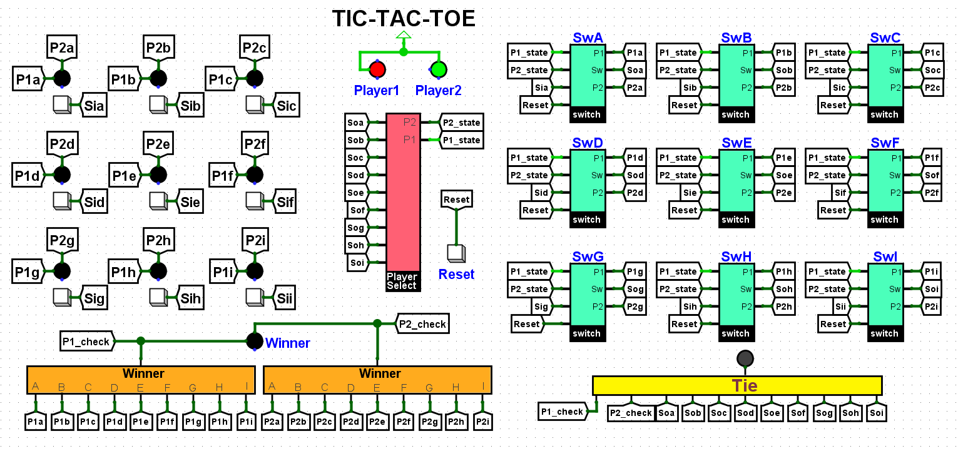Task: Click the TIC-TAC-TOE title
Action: tap(404, 19)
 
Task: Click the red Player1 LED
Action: tap(377, 69)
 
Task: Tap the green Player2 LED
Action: tap(439, 69)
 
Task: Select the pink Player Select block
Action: tap(403, 194)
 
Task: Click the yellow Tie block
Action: tap(737, 385)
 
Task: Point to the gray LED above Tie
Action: tap(745, 358)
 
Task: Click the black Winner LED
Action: tap(254, 342)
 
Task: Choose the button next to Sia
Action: tap(63, 104)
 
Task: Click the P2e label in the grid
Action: tap(158, 144)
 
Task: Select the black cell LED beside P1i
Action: tap(254, 271)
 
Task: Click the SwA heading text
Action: tap(588, 38)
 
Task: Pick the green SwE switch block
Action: tap(736, 181)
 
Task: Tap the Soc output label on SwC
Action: tap(932, 70)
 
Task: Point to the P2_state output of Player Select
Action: tap(461, 123)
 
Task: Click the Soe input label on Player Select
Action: tap(355, 193)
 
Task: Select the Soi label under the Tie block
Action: tap(876, 413)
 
